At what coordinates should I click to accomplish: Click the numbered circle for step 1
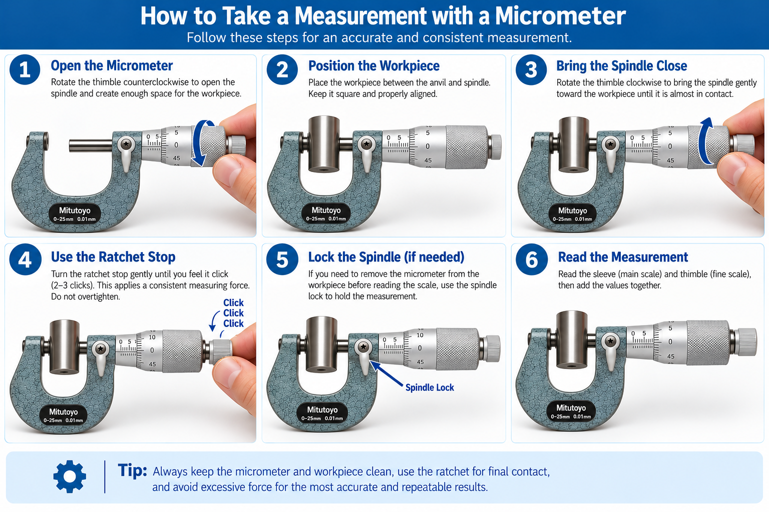[25, 69]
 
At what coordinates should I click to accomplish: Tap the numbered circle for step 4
[26, 259]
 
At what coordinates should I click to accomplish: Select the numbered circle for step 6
[531, 259]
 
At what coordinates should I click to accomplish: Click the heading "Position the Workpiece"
[374, 66]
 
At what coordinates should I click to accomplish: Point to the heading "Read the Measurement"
[623, 257]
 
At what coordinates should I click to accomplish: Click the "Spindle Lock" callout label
[430, 387]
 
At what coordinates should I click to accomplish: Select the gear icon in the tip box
[70, 476]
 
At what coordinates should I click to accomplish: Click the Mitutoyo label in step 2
[326, 213]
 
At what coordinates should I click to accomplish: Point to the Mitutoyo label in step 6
[571, 411]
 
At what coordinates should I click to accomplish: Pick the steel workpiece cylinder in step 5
[321, 344]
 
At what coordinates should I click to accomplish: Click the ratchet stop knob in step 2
[495, 147]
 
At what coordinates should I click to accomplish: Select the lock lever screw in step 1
[127, 144]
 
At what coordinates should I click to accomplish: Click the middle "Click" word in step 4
[233, 313]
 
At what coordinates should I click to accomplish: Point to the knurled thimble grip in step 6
[708, 342]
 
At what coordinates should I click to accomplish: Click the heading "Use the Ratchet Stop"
[113, 257]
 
